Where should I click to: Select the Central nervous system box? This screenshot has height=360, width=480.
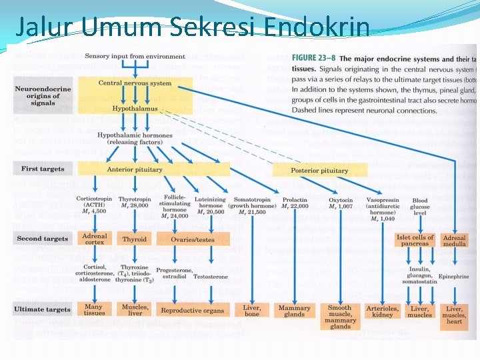(x=135, y=84)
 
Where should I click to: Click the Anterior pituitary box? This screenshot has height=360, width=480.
(x=135, y=169)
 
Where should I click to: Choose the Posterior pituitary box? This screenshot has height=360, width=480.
(x=319, y=170)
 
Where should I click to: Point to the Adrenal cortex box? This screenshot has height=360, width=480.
(x=94, y=239)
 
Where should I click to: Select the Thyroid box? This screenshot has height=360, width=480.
(x=135, y=239)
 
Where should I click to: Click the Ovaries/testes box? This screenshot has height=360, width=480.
(x=185, y=239)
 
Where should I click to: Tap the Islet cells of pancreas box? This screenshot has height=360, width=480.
(x=415, y=240)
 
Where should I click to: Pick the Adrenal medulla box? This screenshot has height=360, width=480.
(x=454, y=241)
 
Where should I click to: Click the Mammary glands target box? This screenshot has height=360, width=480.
(x=294, y=311)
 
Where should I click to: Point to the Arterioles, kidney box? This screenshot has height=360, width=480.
(x=382, y=311)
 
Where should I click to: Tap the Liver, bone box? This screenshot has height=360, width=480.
(x=251, y=311)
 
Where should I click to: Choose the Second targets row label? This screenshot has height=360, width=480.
(x=43, y=238)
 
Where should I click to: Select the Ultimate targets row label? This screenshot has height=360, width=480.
(x=42, y=309)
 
